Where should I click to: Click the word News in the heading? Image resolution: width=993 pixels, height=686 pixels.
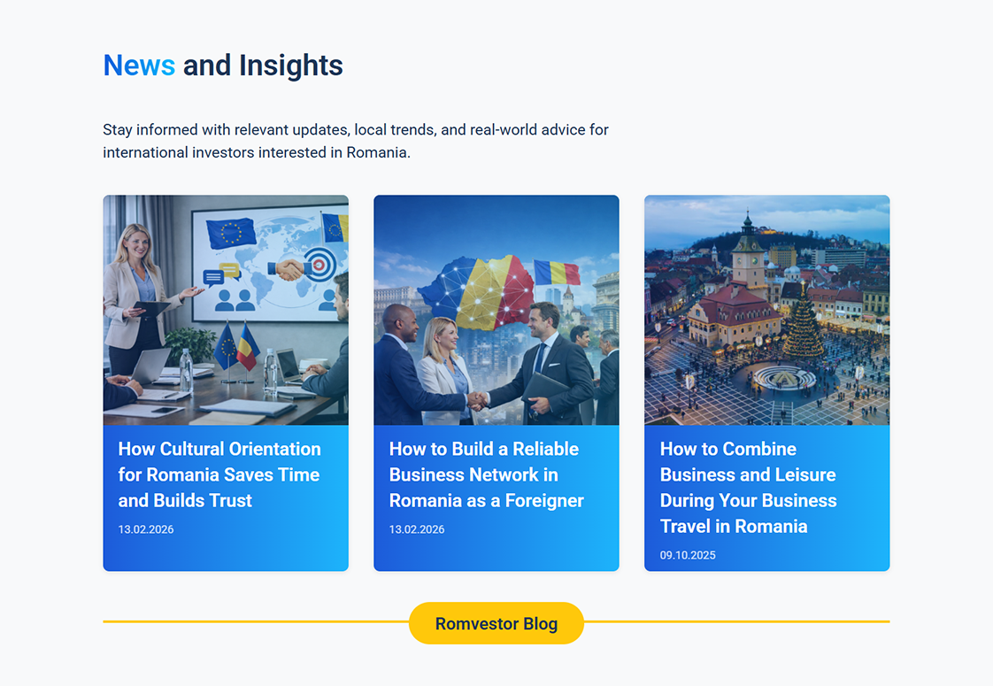coord(139,66)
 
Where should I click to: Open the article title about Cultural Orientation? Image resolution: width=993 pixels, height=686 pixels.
coord(219,474)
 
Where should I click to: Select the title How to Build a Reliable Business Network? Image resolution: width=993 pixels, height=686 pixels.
coord(487,474)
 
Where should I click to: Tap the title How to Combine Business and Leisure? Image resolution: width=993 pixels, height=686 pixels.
coord(748,487)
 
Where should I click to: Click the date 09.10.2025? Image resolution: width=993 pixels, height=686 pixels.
coord(688,555)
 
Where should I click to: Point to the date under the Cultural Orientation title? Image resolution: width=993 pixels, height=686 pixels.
coord(146,529)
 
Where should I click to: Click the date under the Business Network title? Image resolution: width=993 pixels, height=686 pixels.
coord(417,529)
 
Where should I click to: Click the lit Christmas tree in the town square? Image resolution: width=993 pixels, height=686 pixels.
coord(803,323)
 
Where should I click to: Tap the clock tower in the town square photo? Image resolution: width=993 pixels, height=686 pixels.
coord(748,253)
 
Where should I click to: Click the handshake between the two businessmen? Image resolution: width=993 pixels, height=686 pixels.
coord(478,400)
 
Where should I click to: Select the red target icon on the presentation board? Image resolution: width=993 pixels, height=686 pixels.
coord(319,264)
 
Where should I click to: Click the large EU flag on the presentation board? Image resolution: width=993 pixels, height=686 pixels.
coord(231,233)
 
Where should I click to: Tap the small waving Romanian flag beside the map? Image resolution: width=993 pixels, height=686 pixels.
coord(557,272)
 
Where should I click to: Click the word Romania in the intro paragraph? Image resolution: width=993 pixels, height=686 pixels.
coord(378,152)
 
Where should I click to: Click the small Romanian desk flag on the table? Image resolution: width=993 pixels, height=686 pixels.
coord(248,348)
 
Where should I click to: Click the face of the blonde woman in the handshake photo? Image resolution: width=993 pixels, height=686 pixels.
coord(442,336)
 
